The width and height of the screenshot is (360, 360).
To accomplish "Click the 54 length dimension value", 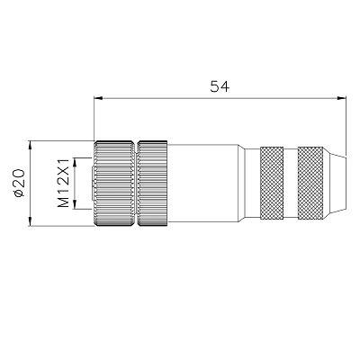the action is coord(220,86).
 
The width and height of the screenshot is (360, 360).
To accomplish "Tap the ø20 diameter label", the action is coord(19,183).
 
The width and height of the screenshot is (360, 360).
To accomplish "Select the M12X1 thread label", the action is coord(63,184).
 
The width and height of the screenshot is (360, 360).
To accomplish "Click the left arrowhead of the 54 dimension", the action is coord(98,98).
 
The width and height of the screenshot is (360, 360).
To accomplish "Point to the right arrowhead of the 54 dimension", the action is coord(342,98).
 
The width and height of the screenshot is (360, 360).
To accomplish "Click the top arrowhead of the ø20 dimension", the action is coord(30,145).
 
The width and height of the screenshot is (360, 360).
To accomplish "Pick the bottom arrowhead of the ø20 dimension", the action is coord(30,221).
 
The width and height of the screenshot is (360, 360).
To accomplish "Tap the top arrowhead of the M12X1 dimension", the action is coord(75,162).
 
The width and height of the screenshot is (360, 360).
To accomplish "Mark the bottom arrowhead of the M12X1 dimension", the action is coord(75,204).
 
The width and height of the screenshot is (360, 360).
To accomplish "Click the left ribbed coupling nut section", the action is coord(114,183).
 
